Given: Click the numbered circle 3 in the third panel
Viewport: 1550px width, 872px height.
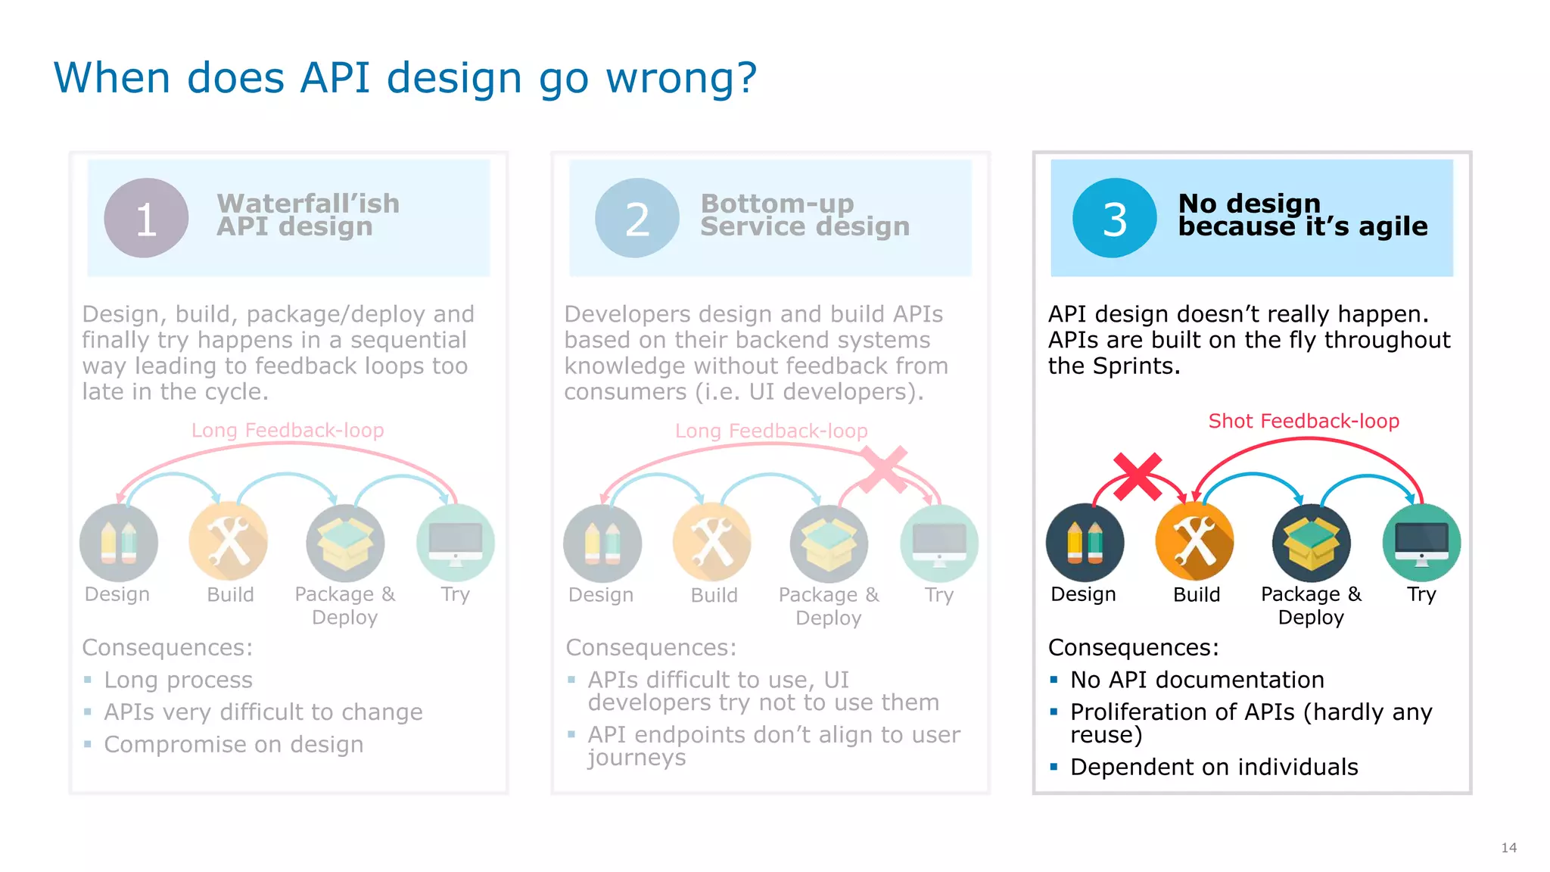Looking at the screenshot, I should click(x=1114, y=218).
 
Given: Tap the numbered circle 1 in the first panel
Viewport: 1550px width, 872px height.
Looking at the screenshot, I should click(x=146, y=218).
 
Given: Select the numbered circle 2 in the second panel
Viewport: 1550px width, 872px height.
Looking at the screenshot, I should click(x=637, y=218).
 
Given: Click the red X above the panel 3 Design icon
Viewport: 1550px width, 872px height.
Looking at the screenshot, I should click(x=1138, y=477).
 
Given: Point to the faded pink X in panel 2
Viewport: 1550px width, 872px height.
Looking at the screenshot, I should click(x=883, y=470).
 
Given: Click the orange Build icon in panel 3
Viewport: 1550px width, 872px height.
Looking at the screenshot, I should click(x=1194, y=542).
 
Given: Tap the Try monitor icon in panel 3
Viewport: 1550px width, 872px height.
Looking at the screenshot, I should click(x=1421, y=542).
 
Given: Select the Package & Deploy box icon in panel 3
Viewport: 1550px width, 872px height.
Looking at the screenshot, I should click(x=1311, y=542).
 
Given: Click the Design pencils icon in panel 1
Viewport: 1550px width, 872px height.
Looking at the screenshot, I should click(x=119, y=542).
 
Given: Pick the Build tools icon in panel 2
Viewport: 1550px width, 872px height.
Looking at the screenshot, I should click(x=711, y=542).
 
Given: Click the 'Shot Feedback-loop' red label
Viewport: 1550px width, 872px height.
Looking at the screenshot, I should click(x=1303, y=421).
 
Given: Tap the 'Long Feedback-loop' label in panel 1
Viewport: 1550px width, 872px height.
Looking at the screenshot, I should click(x=288, y=431).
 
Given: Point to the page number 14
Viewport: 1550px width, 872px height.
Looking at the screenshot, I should click(x=1508, y=848).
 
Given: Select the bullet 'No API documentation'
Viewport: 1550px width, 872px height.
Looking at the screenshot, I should click(x=1197, y=680).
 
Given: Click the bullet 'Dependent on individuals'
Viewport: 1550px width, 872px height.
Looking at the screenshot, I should click(x=1214, y=767).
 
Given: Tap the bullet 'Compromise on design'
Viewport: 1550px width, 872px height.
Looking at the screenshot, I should click(x=234, y=744).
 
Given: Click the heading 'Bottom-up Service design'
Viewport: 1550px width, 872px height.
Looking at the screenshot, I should click(x=804, y=215).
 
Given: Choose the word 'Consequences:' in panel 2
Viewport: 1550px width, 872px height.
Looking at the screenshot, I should click(x=651, y=647).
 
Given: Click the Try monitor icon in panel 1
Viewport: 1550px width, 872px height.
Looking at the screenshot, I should click(x=456, y=542).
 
